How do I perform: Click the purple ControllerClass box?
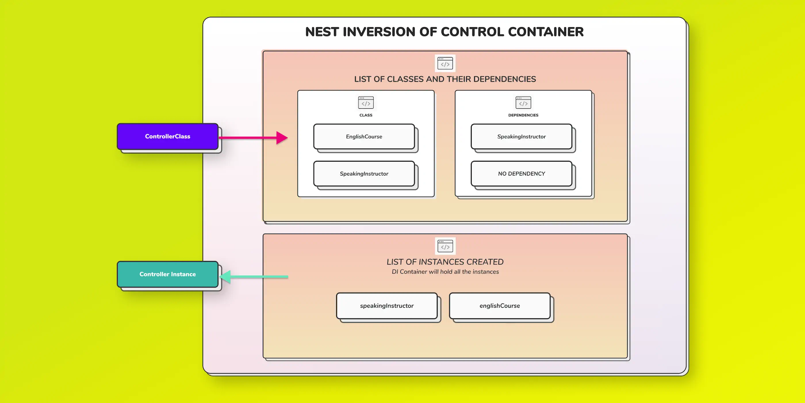167,136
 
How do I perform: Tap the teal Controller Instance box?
167,274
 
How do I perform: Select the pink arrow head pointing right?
282,138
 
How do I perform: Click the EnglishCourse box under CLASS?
364,136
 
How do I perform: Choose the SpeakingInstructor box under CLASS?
364,174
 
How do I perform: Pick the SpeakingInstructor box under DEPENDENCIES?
521,136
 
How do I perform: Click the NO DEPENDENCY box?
521,174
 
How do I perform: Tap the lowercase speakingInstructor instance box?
387,306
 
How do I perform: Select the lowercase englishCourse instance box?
499,306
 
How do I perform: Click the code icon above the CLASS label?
366,102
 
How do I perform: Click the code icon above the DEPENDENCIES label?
523,102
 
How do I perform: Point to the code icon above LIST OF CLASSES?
445,63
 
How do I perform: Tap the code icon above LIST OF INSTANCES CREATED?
445,246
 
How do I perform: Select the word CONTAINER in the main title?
545,32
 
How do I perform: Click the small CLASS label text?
366,115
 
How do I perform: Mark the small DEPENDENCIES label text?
523,115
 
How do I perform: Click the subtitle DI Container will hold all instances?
445,272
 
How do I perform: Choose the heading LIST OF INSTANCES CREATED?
445,262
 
